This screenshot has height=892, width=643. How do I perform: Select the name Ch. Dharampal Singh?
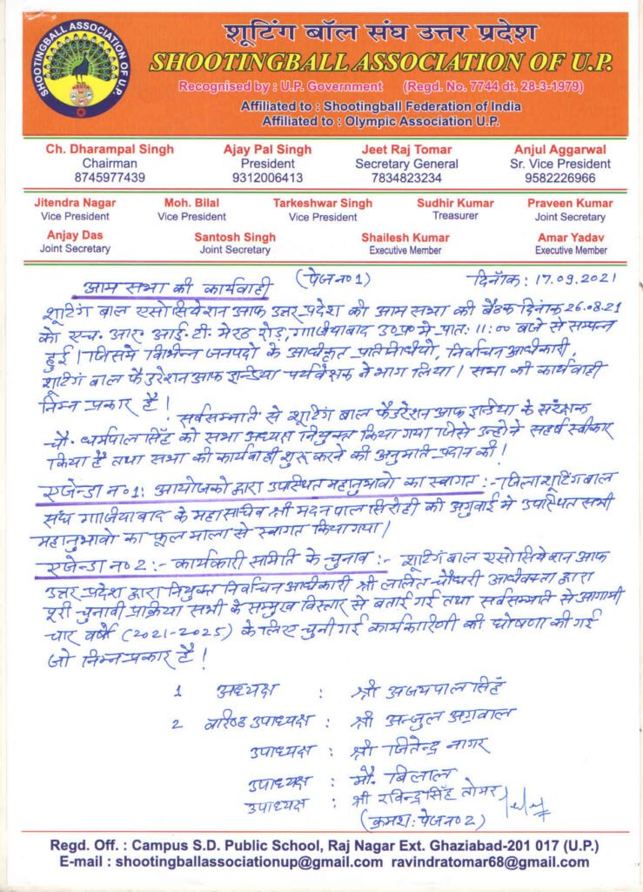tap(110, 150)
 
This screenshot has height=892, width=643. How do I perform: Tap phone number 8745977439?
tap(110, 178)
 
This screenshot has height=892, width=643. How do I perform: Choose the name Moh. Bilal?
tap(191, 203)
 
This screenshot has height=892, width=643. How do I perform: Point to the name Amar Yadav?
tap(571, 237)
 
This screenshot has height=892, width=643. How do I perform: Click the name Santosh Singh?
tap(235, 237)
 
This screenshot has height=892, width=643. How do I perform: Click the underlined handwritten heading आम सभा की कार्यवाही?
tap(178, 288)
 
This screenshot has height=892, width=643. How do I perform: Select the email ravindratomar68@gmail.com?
tap(502, 862)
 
